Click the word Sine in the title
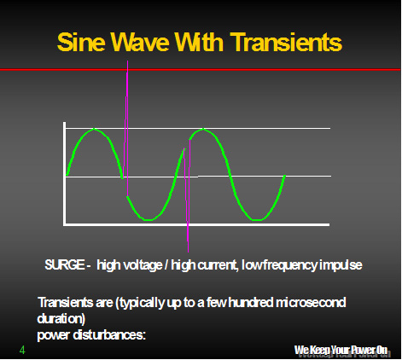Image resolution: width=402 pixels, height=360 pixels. tap(81, 42)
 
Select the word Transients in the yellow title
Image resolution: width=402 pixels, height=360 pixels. tap(286, 42)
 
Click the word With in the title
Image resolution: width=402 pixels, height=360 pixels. tap(199, 42)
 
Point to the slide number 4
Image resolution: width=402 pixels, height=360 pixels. tap(22, 350)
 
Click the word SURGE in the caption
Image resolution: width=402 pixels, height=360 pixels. tap(65, 264)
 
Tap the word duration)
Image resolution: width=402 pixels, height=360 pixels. tap(61, 319)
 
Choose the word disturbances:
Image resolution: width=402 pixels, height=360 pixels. tap(109, 335)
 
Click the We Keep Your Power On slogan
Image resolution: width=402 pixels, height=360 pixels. tap(341, 350)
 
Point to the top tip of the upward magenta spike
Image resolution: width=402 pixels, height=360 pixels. tap(127, 61)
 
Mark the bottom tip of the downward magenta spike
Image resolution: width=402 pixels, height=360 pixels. tap(188, 252)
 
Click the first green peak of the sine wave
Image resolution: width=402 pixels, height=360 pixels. tap(94, 130)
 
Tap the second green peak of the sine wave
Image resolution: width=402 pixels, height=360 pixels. tap(202, 130)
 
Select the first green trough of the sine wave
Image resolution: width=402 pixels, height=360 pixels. tap(148, 219)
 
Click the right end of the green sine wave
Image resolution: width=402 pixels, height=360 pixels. tap(284, 176)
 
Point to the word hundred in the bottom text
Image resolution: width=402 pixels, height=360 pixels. tap(251, 302)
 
